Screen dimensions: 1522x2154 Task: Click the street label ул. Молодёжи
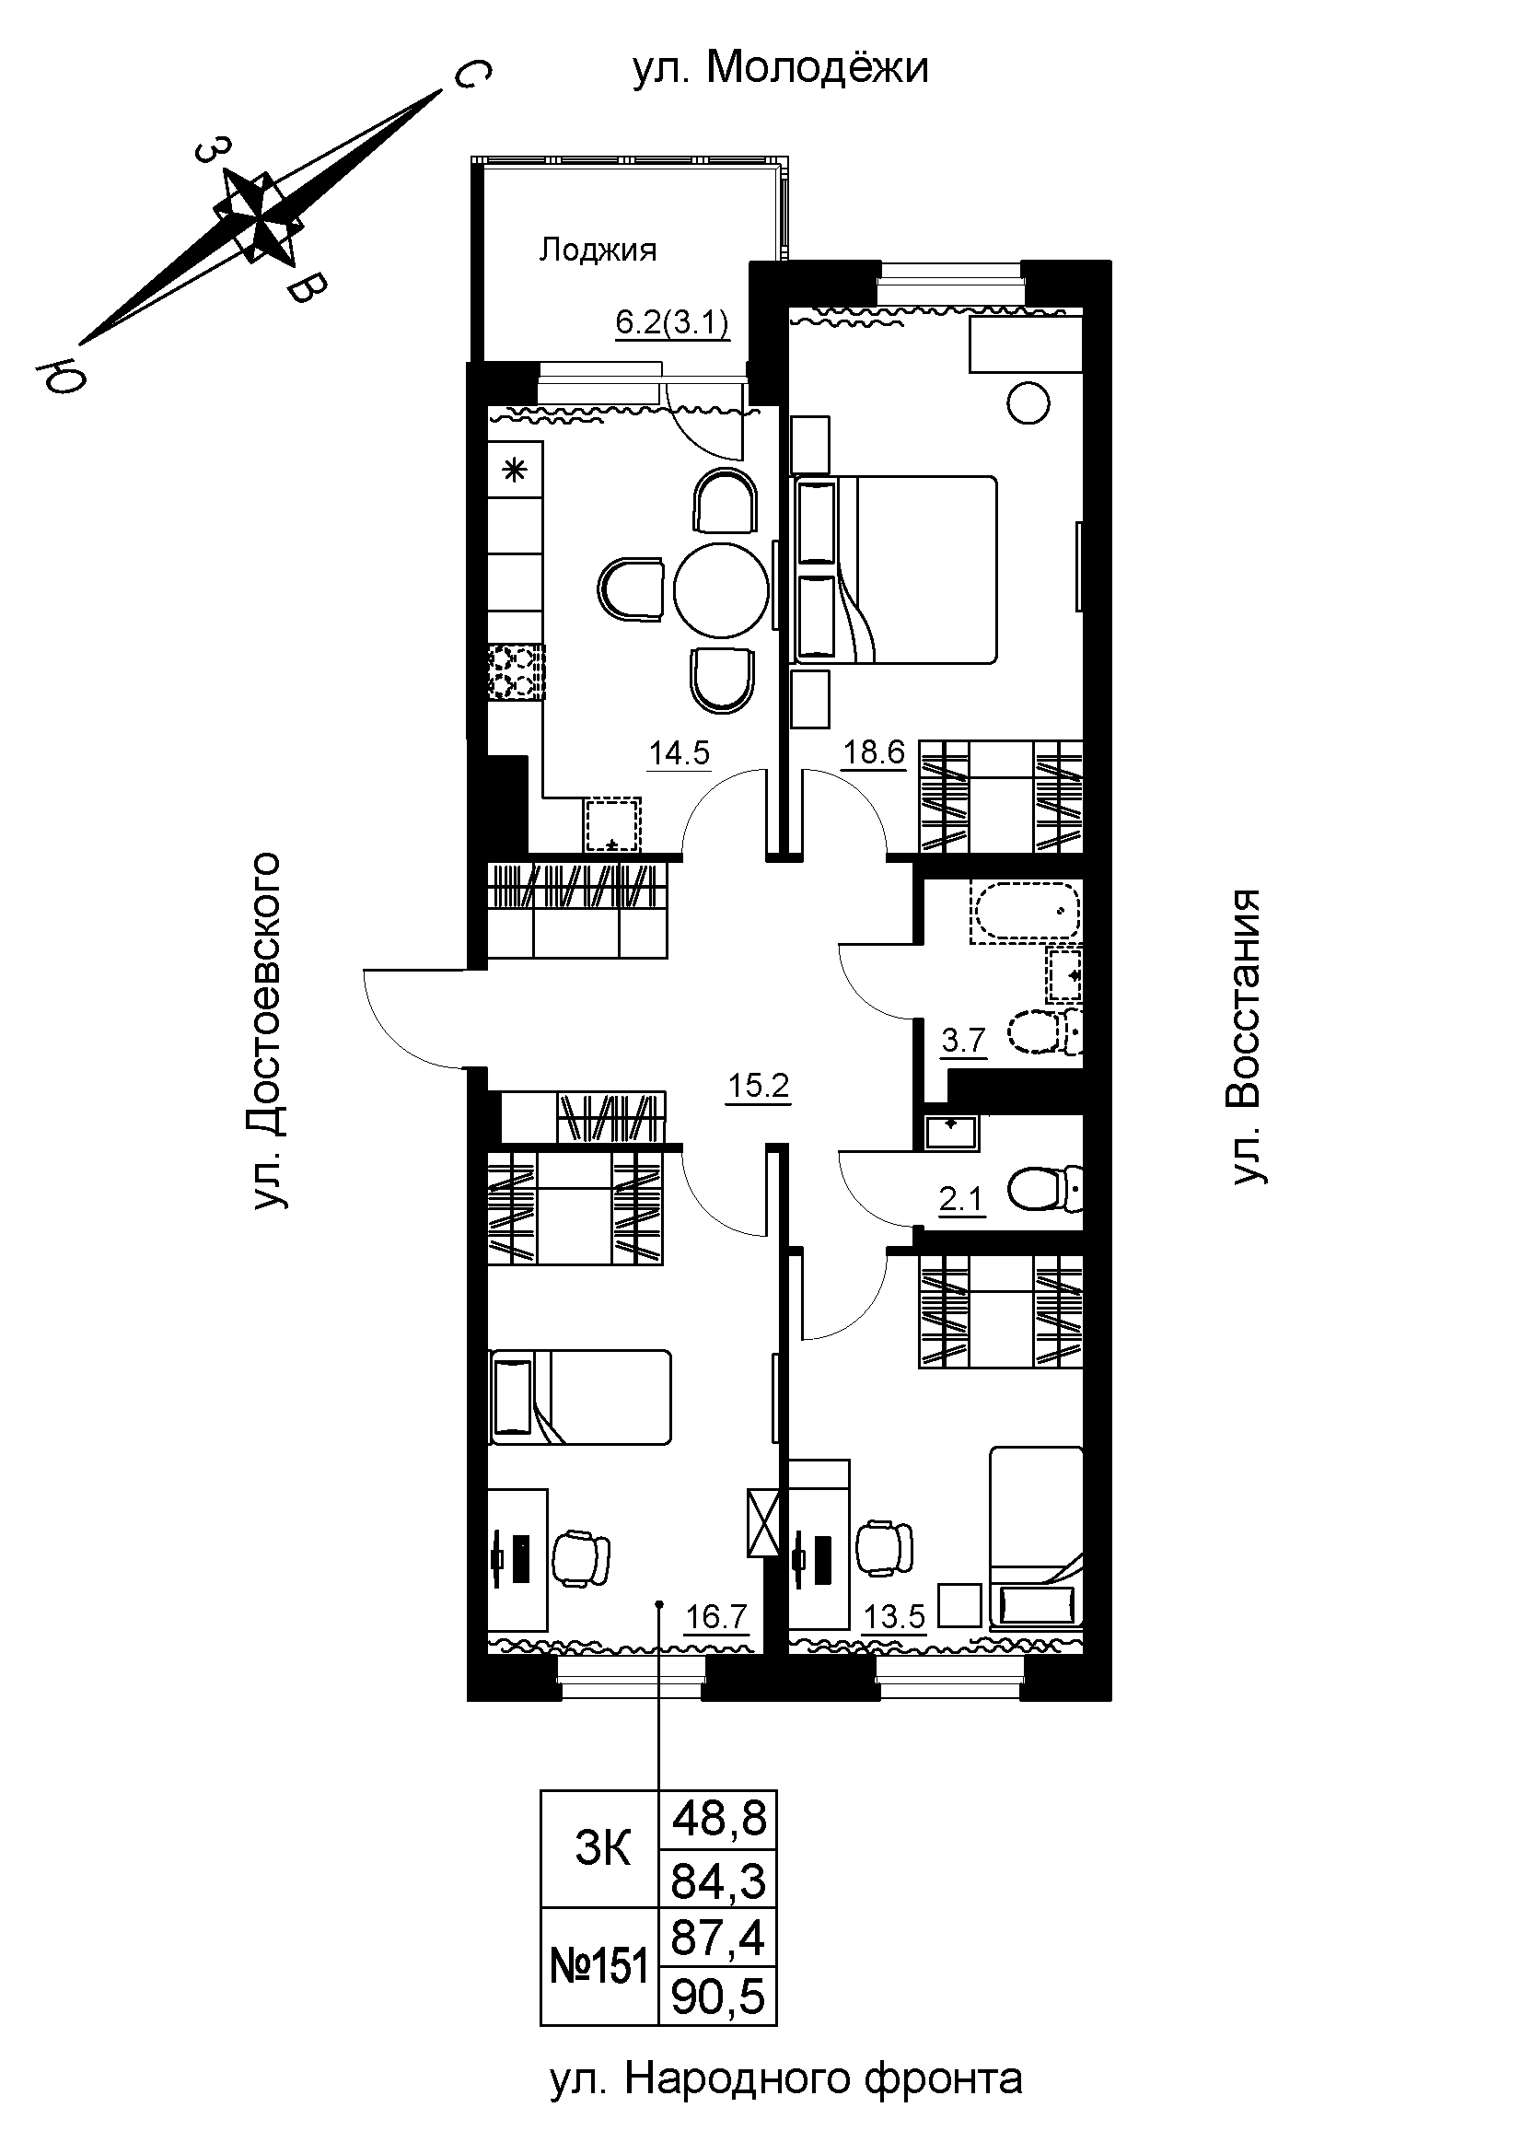point(780,68)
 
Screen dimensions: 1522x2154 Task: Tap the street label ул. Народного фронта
point(785,2104)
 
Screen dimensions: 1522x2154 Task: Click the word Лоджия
point(598,250)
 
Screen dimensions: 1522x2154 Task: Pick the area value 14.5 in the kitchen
point(679,753)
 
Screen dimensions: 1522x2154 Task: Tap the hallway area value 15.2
point(760,1088)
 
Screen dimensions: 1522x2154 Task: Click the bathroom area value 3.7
point(964,1041)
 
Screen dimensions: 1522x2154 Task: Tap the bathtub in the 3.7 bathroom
point(1026,911)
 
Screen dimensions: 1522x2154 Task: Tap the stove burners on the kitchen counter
point(516,671)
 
